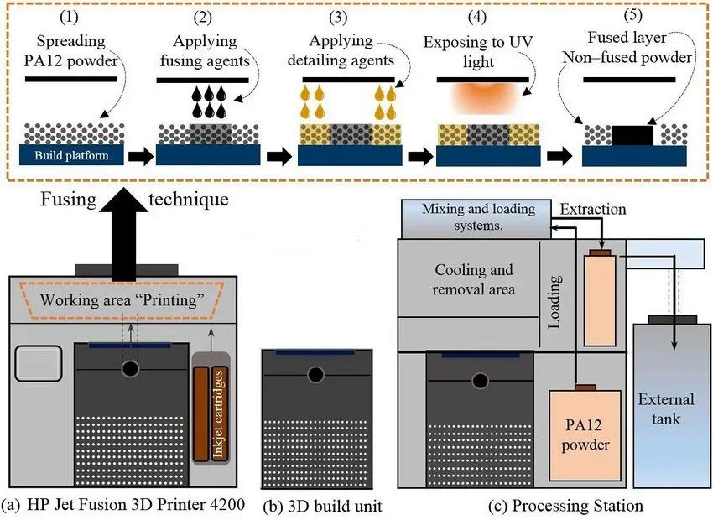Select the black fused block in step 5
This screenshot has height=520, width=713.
(634, 133)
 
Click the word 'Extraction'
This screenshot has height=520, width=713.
(592, 208)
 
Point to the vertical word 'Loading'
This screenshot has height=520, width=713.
(554, 297)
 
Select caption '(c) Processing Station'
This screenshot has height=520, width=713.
(568, 506)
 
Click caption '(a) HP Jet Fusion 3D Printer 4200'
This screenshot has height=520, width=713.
(123, 506)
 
